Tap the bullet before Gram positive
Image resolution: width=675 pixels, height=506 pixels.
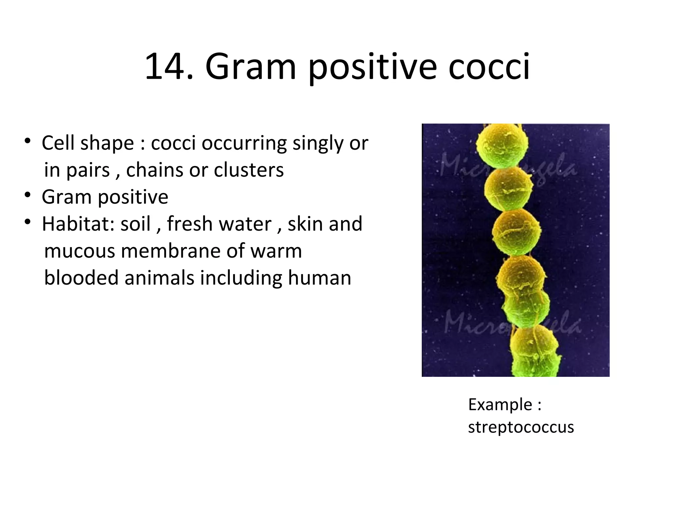(28, 195)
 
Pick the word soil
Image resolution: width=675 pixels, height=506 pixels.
(135, 224)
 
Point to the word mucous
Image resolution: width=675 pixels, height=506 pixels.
(79, 251)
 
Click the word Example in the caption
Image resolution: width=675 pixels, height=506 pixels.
(500, 405)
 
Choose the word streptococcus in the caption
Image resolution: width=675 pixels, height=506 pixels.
(521, 427)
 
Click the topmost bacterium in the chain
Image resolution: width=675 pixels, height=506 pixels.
(502, 142)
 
